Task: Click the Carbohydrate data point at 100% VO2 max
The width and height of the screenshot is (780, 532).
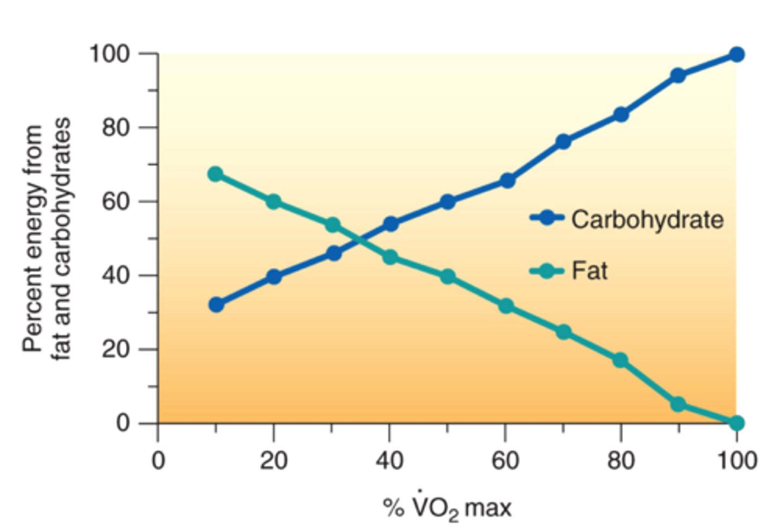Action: tap(736, 54)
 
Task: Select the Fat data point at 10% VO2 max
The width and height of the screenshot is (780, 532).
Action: tap(216, 174)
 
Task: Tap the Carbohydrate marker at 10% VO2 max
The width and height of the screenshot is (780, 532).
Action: tap(216, 304)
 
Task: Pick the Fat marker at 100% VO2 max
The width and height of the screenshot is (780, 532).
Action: tap(736, 423)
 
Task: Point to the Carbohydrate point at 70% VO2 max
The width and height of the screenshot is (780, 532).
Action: tap(563, 141)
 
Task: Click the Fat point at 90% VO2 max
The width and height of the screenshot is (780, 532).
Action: tap(678, 404)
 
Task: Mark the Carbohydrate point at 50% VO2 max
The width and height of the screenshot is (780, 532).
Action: tap(447, 202)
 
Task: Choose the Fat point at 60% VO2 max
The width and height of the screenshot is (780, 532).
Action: tap(505, 306)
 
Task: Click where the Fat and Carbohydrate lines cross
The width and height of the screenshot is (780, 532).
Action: tap(358, 239)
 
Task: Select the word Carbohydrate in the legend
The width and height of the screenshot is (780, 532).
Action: tap(647, 219)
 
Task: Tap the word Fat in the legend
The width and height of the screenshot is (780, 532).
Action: tap(589, 270)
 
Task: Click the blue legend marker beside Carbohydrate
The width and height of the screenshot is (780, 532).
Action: tap(547, 218)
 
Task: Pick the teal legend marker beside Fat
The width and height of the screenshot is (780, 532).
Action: tap(547, 270)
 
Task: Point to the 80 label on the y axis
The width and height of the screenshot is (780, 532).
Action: tap(115, 128)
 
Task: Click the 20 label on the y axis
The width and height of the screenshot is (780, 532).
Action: tap(115, 349)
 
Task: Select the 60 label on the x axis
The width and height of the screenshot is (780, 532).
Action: tap(505, 460)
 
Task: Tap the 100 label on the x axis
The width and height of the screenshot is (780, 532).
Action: tap(737, 460)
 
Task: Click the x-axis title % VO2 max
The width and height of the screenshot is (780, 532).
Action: tap(447, 508)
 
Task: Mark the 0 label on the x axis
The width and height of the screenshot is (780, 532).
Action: tap(158, 460)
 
